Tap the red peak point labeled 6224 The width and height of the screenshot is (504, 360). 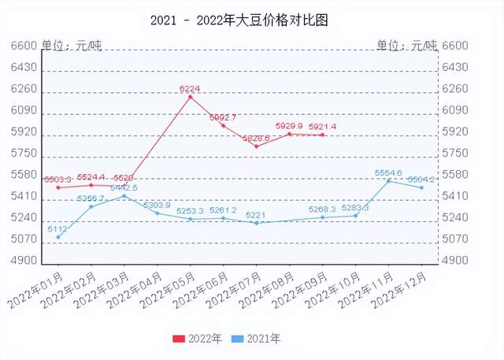[x=190, y=97]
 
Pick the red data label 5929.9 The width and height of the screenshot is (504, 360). [x=289, y=126]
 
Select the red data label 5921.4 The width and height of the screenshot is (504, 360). [x=322, y=127]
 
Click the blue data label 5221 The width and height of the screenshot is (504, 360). [x=255, y=215]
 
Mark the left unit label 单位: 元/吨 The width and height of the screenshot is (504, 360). [x=72, y=46]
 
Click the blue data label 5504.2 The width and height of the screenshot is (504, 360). [x=421, y=180]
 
